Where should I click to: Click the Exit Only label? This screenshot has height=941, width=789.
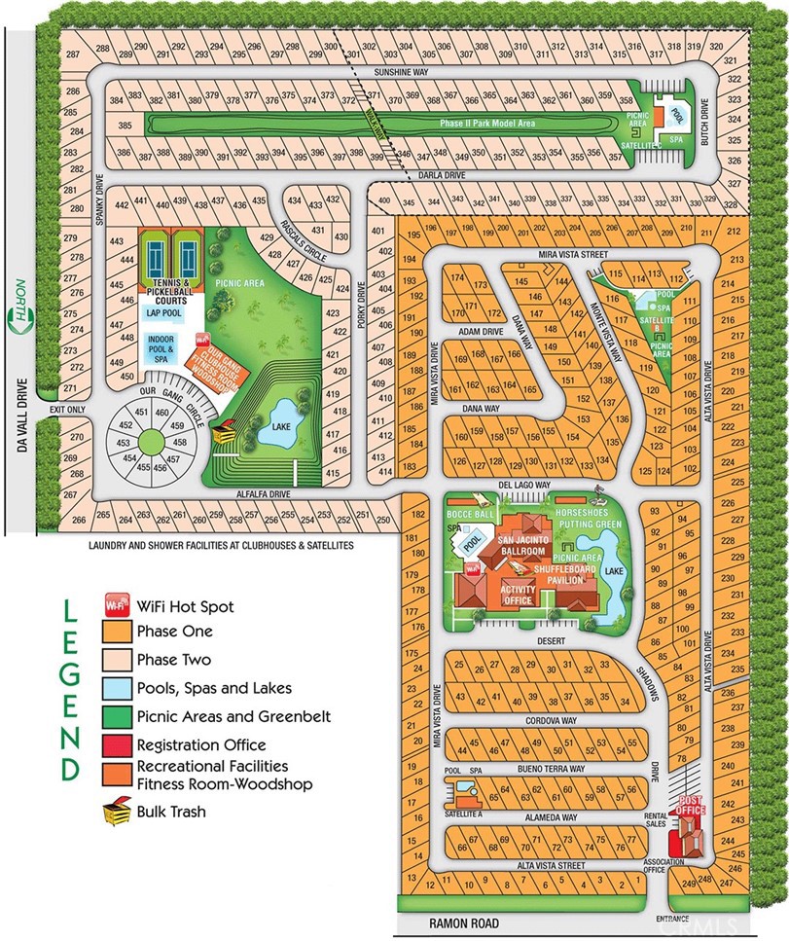(69, 410)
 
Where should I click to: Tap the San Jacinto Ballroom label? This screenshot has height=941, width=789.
(521, 544)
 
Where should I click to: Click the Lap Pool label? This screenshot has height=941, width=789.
(165, 313)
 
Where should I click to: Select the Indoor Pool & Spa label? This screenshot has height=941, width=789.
(162, 347)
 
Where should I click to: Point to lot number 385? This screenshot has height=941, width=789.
(125, 126)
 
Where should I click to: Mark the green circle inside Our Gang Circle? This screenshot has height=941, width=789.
(151, 442)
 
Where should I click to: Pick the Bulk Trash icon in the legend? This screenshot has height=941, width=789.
(116, 809)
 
